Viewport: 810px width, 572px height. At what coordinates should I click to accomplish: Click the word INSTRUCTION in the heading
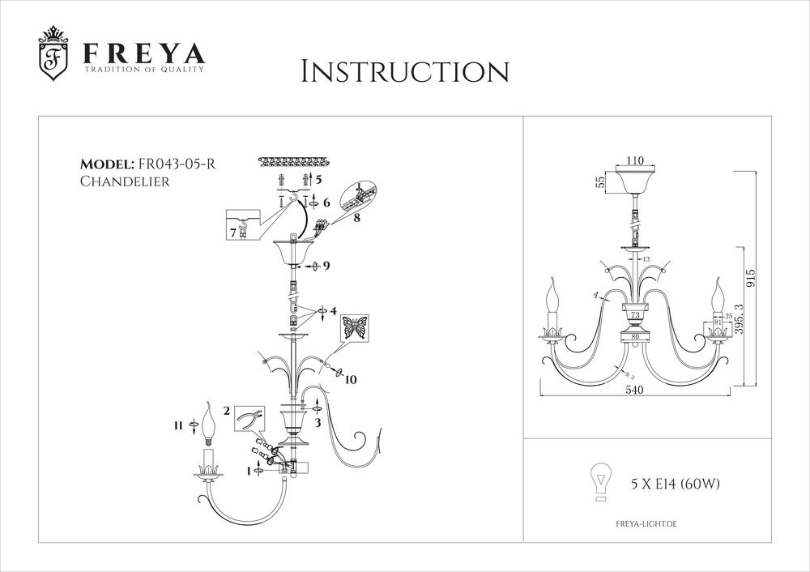(404, 71)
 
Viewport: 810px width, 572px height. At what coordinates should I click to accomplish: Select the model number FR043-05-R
(177, 164)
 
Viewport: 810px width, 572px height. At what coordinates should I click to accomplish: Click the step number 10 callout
(349, 378)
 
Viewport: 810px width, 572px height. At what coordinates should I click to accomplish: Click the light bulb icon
(599, 484)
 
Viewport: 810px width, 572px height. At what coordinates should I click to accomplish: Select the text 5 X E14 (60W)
(675, 485)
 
